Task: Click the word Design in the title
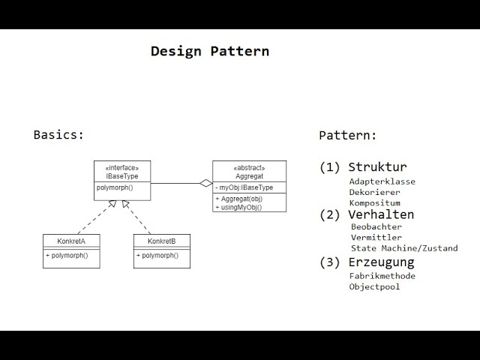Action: coord(176,52)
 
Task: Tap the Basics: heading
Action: coord(58,135)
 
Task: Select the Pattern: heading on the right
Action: coord(347,135)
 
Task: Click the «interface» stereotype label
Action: coord(122,168)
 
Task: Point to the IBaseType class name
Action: coord(122,176)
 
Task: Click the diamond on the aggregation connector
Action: coord(206,183)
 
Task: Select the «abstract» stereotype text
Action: coord(249,168)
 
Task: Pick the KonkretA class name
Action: coord(71,241)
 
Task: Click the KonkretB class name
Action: coord(162,241)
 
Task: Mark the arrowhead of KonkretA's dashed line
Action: coord(112,203)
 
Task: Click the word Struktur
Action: coord(377,166)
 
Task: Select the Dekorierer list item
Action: coord(375,192)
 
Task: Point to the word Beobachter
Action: coord(376,226)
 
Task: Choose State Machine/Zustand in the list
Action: coord(404,248)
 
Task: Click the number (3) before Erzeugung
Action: coord(329,262)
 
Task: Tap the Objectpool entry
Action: coord(374,286)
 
